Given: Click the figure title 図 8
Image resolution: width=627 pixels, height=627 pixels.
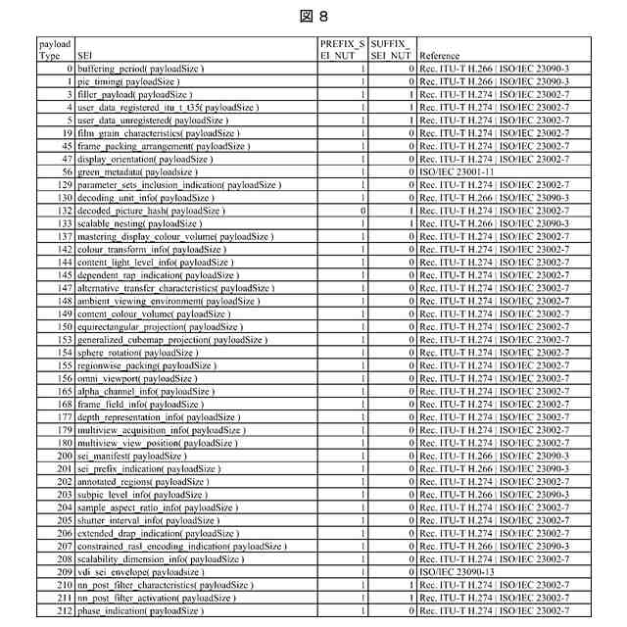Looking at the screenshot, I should point(313,17).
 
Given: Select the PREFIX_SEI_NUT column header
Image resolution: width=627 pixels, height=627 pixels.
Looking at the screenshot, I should point(342,51).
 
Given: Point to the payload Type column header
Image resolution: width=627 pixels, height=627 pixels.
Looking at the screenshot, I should point(56,51).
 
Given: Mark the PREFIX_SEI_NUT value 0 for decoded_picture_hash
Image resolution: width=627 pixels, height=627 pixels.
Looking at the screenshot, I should point(363,211).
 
